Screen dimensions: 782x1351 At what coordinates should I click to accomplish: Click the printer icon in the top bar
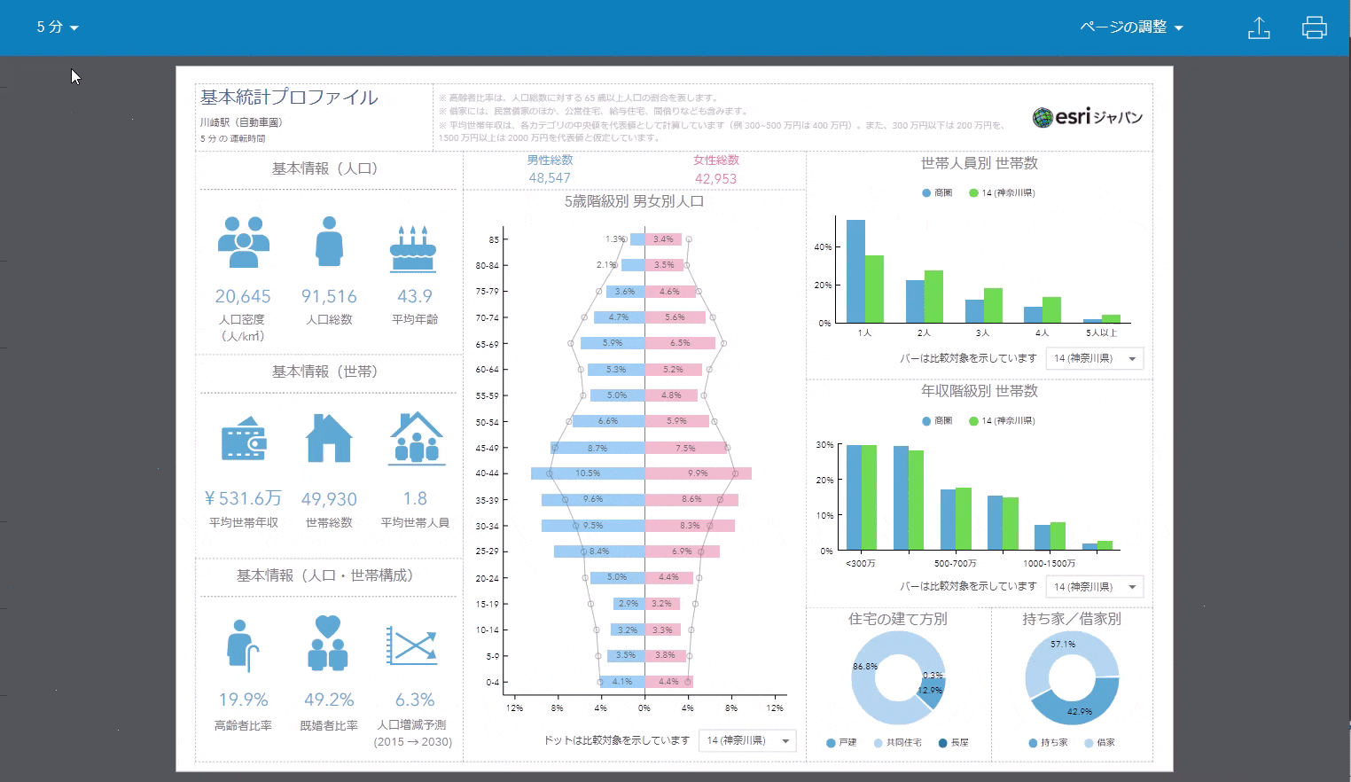point(1314,27)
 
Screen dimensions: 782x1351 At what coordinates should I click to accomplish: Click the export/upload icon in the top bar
point(1259,27)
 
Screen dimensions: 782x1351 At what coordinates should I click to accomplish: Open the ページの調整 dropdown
point(1131,27)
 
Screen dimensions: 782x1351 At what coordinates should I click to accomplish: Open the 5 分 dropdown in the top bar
point(57,27)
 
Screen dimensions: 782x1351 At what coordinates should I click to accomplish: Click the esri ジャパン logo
point(1088,117)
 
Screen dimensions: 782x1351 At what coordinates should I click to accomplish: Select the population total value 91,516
point(329,296)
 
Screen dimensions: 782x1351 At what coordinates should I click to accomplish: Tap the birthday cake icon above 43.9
point(413,247)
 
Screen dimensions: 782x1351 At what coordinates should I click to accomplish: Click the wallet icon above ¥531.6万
point(244,438)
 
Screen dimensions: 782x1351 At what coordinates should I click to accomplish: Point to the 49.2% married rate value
point(329,700)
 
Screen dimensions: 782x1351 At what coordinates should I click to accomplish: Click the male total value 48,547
point(550,178)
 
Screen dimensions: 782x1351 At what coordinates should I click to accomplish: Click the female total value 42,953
point(715,178)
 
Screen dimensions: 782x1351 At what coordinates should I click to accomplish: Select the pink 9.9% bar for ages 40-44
point(698,473)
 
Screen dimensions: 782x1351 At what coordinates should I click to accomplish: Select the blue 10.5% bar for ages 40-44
point(588,473)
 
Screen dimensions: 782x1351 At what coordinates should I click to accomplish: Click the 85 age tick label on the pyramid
point(494,239)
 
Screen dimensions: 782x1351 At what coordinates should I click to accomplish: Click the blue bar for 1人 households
point(855,271)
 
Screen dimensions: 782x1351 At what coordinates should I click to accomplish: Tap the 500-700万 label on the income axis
point(955,563)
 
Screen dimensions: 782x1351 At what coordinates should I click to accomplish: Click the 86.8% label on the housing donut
point(865,666)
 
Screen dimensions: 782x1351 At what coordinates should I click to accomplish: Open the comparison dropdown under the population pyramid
point(747,740)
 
